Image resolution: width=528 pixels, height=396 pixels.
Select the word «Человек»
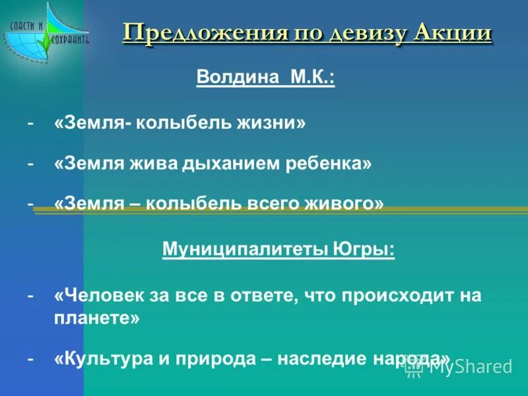[x=95, y=295]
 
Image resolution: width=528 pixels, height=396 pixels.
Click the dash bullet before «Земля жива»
[x=30, y=164]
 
